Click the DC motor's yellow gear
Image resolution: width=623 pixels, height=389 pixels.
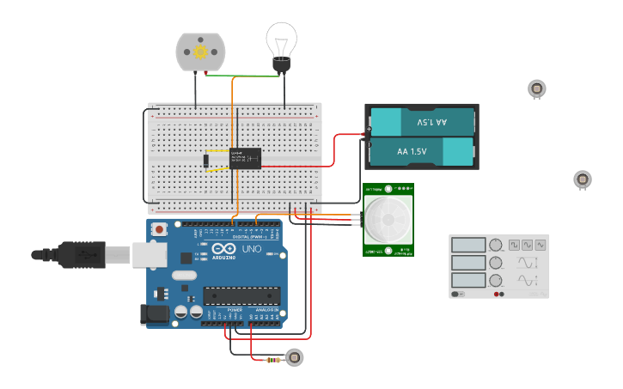[200, 52]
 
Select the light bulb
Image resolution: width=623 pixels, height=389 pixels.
[281, 43]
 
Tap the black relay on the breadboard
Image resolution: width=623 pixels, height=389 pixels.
[245, 158]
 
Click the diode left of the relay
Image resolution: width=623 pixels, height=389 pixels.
[207, 160]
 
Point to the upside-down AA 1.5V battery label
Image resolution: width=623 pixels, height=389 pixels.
[431, 123]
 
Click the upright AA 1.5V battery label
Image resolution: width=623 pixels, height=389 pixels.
[412, 152]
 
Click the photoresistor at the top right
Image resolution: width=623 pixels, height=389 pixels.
[537, 88]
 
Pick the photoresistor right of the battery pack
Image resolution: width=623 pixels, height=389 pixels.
[583, 179]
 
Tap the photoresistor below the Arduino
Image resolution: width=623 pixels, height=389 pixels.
[295, 356]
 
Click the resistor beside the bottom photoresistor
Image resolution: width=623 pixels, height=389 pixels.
[273, 360]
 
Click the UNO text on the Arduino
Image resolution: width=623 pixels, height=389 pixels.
[251, 248]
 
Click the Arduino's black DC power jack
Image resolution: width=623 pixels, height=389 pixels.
[155, 315]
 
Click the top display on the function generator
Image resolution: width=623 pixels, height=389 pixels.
[468, 245]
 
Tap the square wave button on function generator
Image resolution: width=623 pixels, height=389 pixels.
[513, 245]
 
